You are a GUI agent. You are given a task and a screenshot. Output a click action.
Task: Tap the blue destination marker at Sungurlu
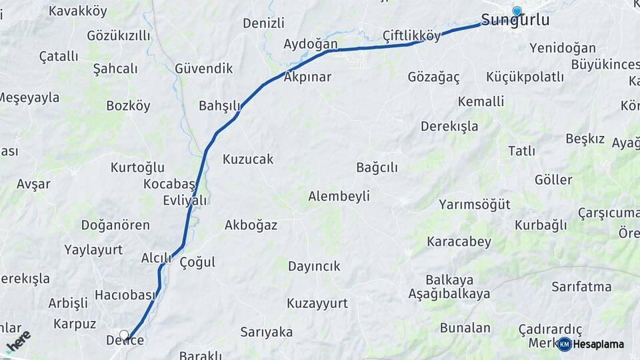coord(517,11)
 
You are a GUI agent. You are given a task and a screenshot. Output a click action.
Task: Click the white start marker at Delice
coord(124,335)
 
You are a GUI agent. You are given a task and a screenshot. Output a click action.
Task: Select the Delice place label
coord(125,341)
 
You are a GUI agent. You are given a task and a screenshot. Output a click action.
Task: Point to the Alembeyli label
coord(339,196)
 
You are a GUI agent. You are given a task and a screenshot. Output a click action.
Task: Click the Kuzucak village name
coord(248,159)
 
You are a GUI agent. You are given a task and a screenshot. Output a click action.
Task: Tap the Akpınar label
coord(307,77)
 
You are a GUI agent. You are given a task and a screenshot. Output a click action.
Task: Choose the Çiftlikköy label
coord(412,36)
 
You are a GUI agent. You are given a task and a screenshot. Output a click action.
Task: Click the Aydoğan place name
coord(311,44)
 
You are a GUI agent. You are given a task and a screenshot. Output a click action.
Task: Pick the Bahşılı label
coord(219,106)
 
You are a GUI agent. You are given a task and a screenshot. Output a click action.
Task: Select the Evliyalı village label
coord(185,200)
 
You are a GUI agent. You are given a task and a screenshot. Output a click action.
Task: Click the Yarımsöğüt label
coord(474,205)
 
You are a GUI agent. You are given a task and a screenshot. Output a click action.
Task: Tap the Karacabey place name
coord(459,241)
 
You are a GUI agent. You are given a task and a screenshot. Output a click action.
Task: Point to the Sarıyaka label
coord(267,332)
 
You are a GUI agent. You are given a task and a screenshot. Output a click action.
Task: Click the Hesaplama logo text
coord(599,345)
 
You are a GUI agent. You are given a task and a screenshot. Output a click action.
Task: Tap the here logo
coord(18,341)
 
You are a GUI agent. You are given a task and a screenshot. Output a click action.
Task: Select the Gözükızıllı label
coord(119,35)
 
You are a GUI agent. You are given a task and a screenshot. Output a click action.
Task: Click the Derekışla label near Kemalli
coord(449,126)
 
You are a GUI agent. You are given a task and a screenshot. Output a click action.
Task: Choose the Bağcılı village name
coord(377,167)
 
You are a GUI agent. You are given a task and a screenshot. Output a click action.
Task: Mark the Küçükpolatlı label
coord(525,77)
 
